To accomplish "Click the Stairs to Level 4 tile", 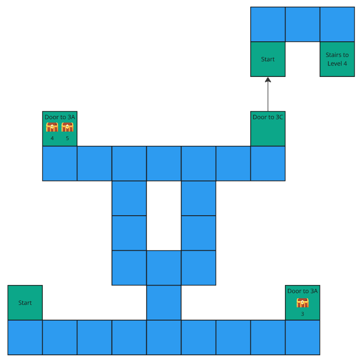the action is click(337, 59).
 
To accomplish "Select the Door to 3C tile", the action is click(268, 129).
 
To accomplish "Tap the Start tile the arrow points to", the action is click(268, 59).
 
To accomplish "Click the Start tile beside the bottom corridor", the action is click(25, 303).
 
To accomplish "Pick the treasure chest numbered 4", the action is click(52, 127).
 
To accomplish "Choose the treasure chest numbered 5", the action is click(67, 127).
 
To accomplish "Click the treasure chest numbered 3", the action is click(303, 303).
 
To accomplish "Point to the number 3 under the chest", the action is click(303, 314).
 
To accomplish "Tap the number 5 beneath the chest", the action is click(67, 139).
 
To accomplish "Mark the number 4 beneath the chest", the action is click(52, 139).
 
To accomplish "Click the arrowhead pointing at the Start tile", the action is click(268, 80).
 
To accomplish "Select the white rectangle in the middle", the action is click(164, 216).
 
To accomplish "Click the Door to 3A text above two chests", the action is click(60, 117).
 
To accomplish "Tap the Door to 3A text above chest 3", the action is click(303, 291).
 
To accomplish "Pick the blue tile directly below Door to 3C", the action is click(268, 163).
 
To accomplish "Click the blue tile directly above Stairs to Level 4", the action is click(337, 24).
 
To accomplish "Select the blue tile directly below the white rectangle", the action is click(164, 268).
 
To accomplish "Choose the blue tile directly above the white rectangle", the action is click(164, 163).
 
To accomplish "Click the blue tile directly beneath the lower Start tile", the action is click(25, 337).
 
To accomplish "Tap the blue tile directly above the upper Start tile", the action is click(268, 24).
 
